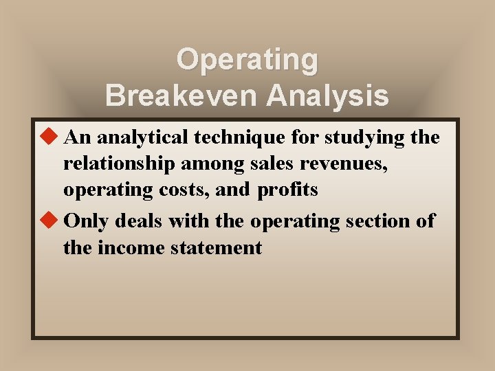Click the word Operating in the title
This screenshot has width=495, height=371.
click(247, 60)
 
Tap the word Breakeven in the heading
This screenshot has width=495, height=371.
click(182, 96)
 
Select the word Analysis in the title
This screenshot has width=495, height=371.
click(327, 96)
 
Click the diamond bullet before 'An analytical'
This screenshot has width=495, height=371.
click(48, 137)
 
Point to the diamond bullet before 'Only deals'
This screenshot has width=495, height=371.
click(48, 221)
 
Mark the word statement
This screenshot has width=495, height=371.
click(214, 247)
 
